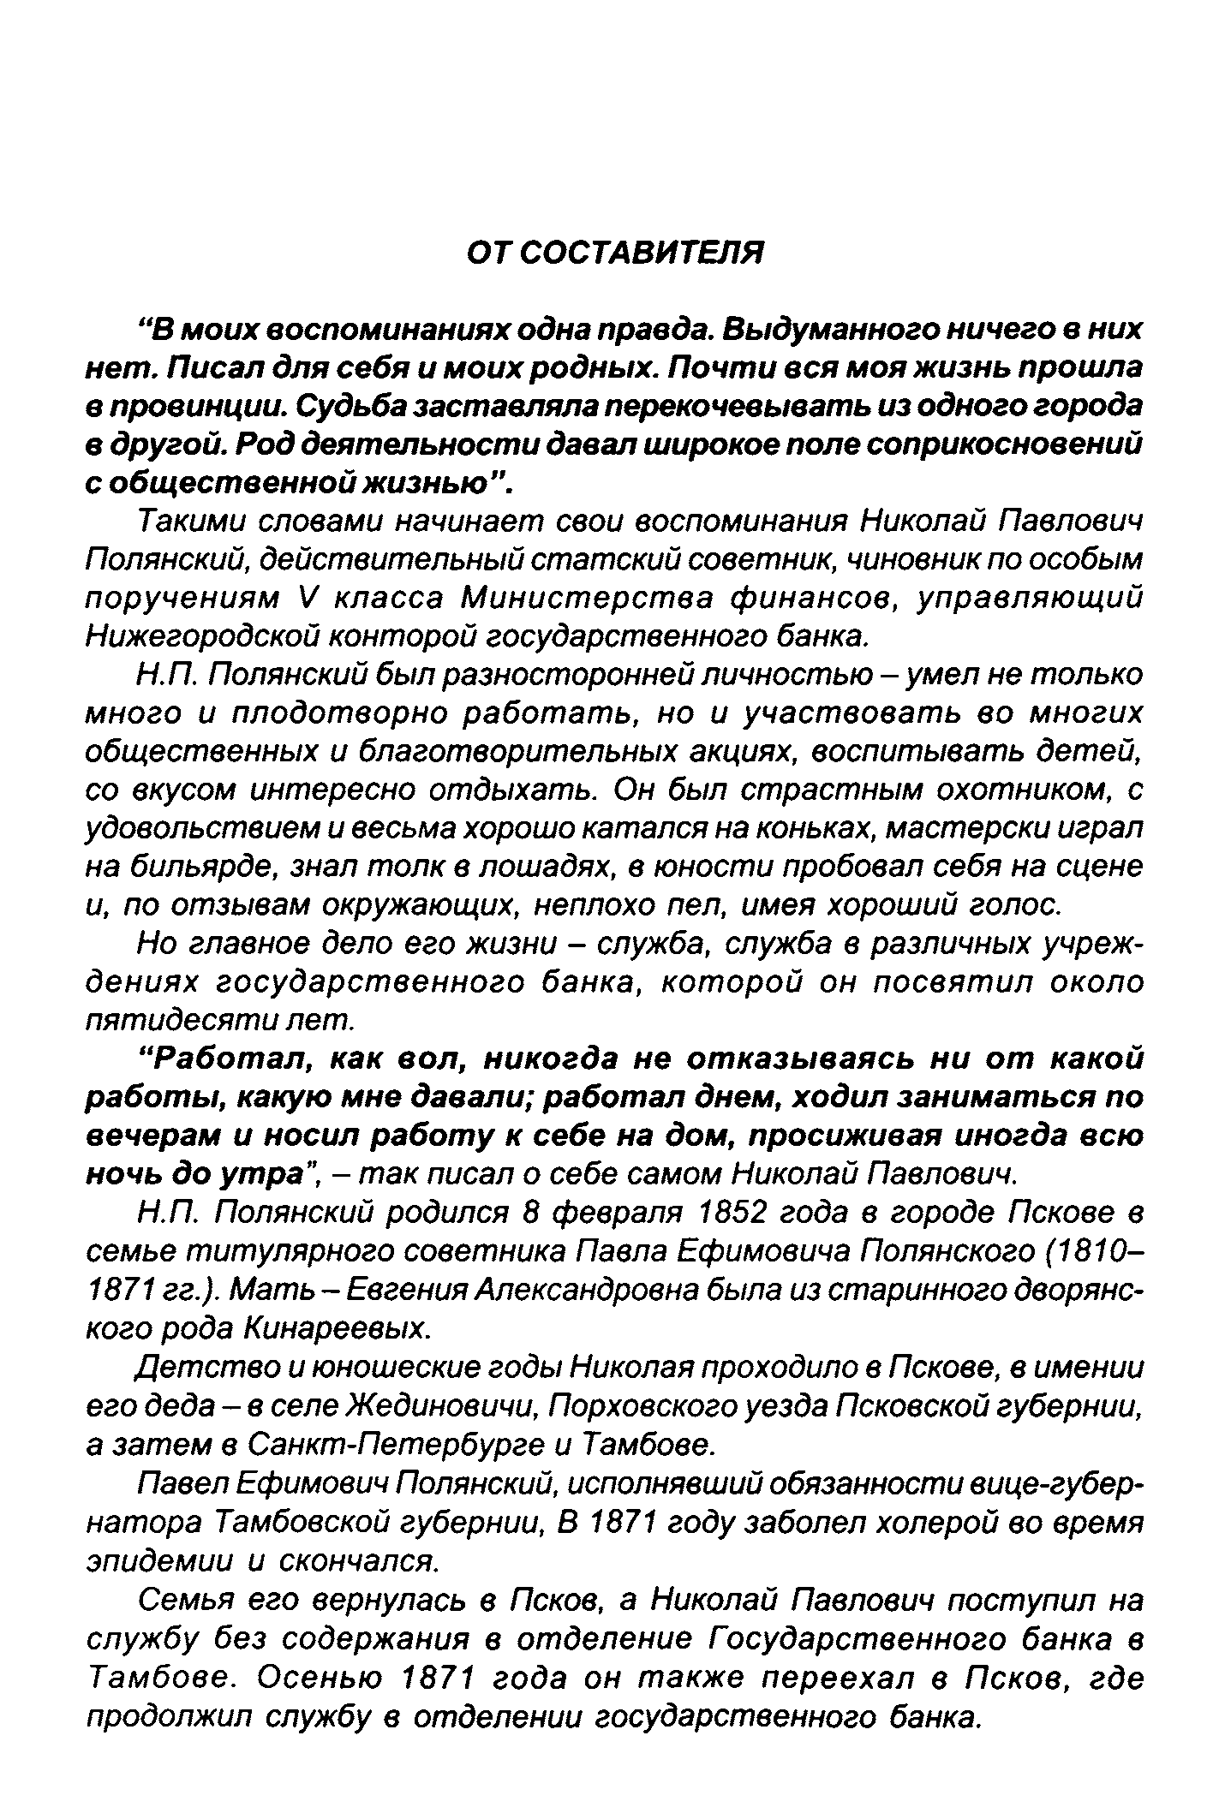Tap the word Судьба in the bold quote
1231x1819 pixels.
(350, 406)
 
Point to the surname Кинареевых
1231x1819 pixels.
(336, 1328)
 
